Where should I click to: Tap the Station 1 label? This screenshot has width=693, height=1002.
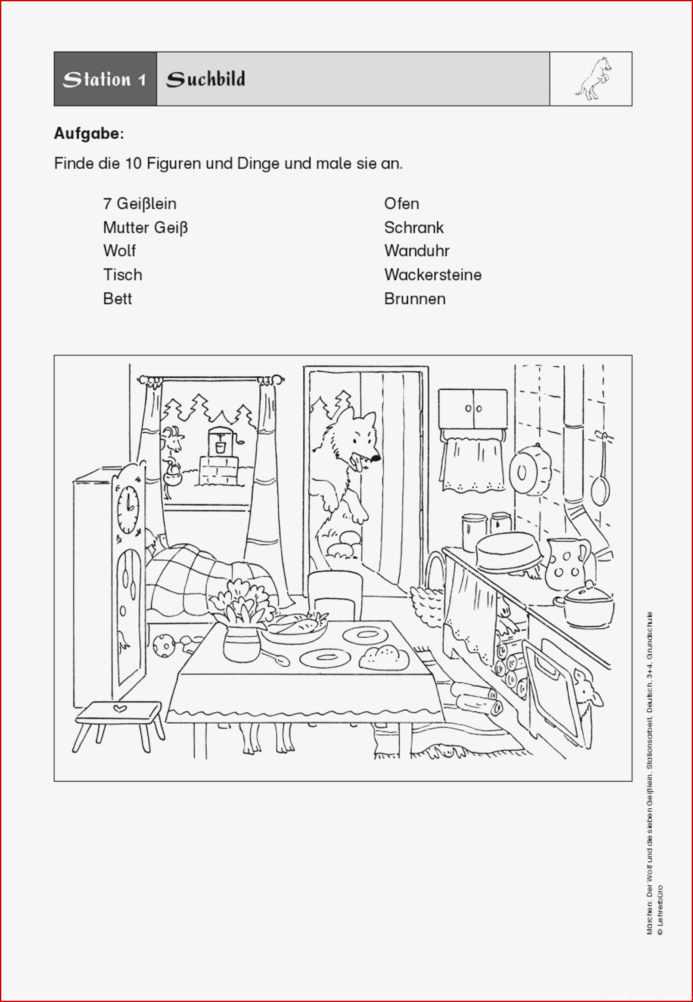[104, 80]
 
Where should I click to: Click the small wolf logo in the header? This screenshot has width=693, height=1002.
[593, 78]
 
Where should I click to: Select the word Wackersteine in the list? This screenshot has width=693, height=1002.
[432, 275]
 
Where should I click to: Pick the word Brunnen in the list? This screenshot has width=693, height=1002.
[415, 299]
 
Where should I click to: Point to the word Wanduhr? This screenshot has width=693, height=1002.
[416, 251]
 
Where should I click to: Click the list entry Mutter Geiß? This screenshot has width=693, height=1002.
[145, 227]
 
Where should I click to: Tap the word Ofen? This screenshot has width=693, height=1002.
[401, 204]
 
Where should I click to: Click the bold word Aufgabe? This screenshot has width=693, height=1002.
[89, 134]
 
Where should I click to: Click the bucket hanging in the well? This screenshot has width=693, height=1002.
[221, 447]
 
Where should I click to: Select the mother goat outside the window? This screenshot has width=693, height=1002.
[173, 461]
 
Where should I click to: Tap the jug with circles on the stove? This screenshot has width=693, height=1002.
[567, 563]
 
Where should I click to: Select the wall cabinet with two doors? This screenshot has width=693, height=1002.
[472, 408]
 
